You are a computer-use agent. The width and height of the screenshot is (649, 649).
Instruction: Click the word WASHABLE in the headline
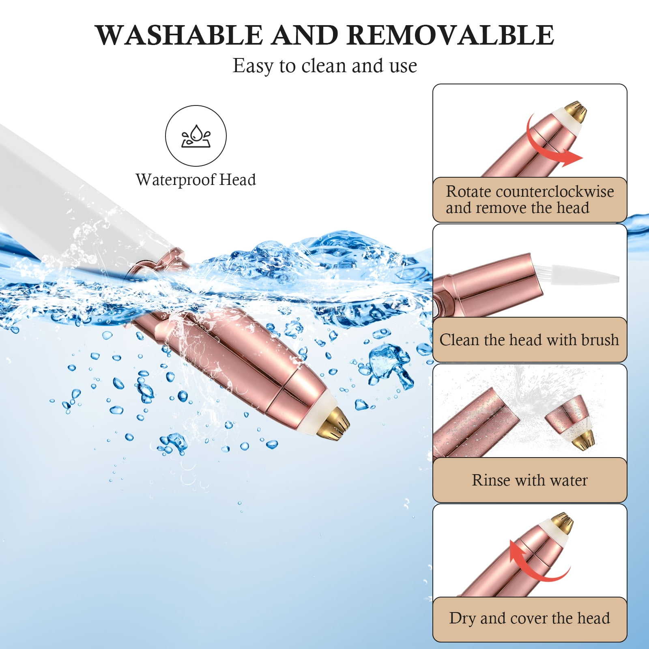click(x=179, y=35)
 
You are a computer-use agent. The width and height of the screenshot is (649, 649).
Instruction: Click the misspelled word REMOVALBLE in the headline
click(x=450, y=35)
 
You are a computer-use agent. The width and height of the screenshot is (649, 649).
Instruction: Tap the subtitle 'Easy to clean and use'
click(x=324, y=66)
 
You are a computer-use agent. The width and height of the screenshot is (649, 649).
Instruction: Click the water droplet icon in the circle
click(x=196, y=136)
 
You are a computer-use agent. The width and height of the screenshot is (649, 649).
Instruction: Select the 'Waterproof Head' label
click(x=196, y=180)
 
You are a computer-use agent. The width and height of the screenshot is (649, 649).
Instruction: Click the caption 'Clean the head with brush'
click(x=529, y=340)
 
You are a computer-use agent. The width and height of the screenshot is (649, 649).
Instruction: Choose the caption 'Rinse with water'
click(x=530, y=480)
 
